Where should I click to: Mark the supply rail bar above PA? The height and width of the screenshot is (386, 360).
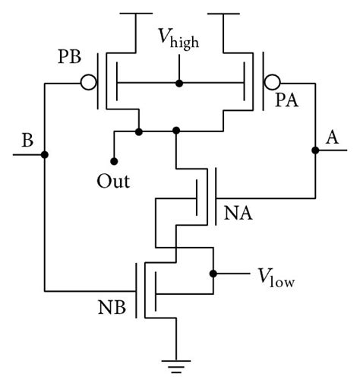click(221, 14)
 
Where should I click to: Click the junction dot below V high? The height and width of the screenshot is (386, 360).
click(178, 82)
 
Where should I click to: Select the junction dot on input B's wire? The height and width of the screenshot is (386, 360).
click(45, 155)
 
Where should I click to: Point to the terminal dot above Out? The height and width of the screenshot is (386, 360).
click(114, 160)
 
